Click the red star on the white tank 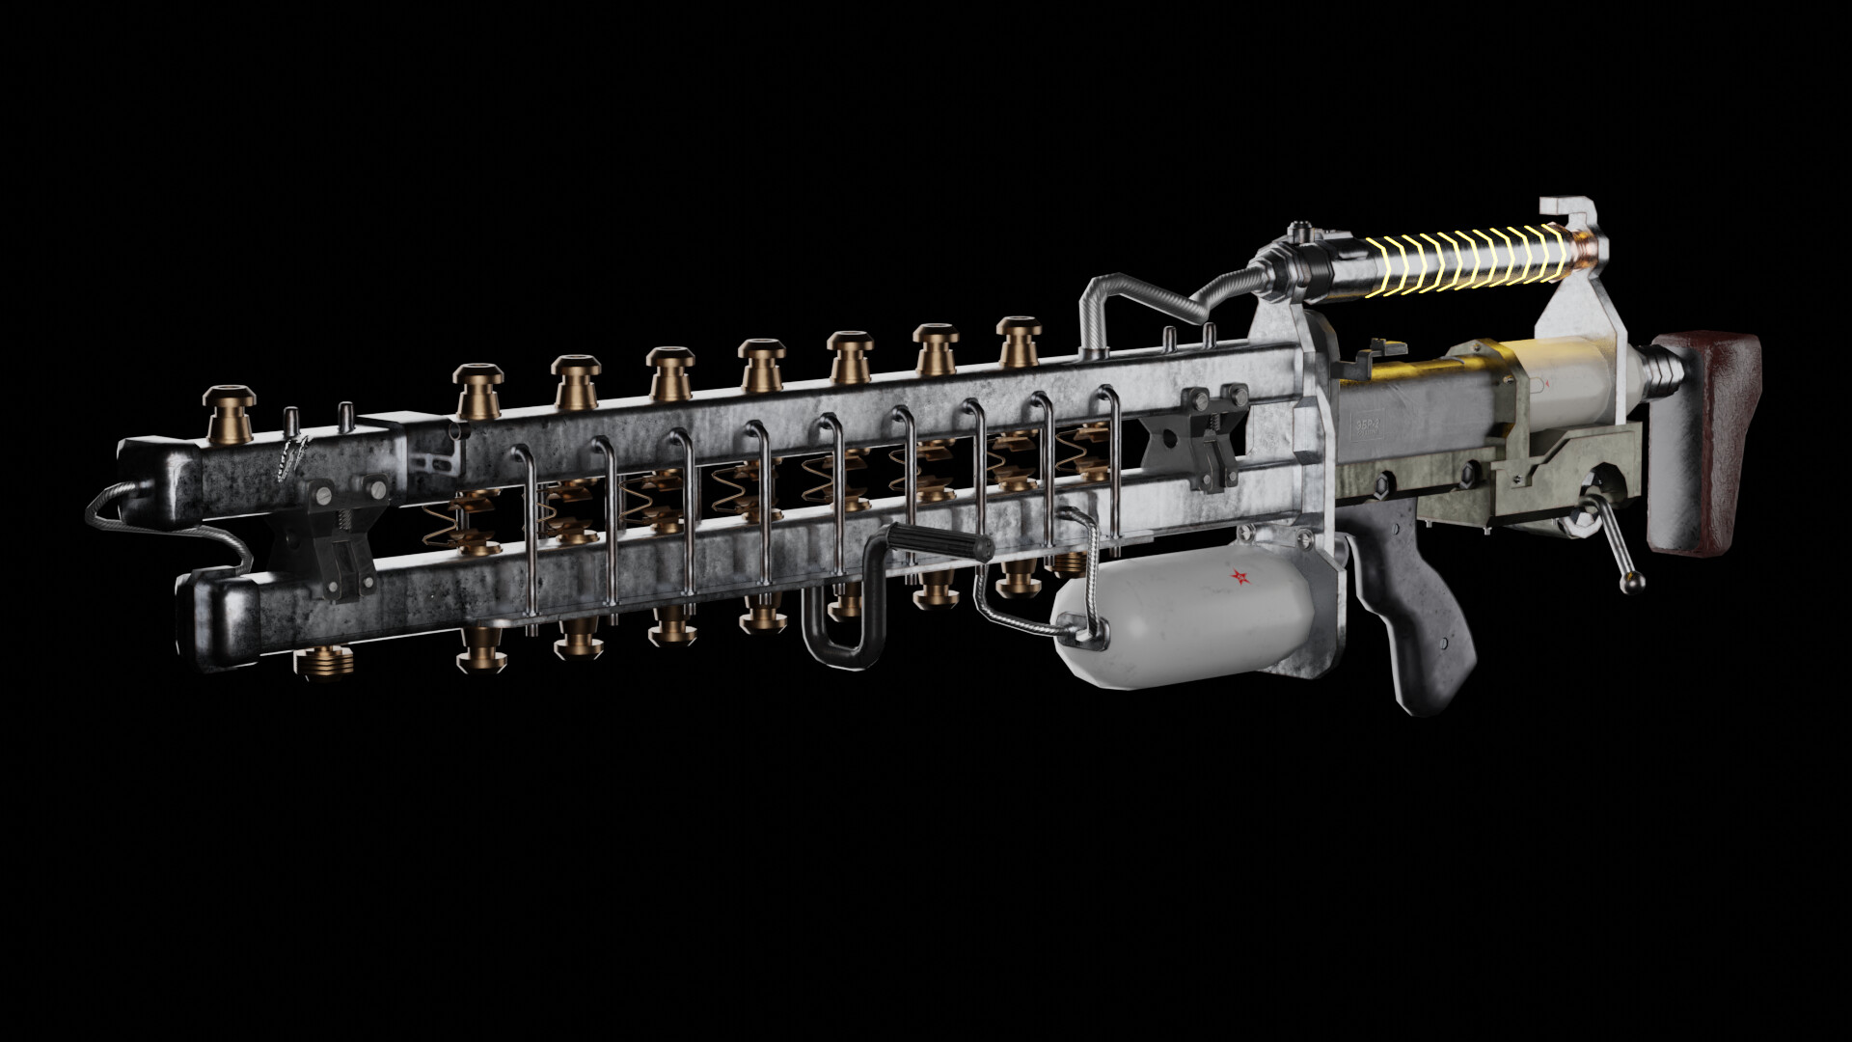pyautogui.click(x=1238, y=578)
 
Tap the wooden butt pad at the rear pyautogui.click(x=1704, y=444)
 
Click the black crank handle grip pyautogui.click(x=940, y=543)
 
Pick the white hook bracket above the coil pyautogui.click(x=1568, y=212)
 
